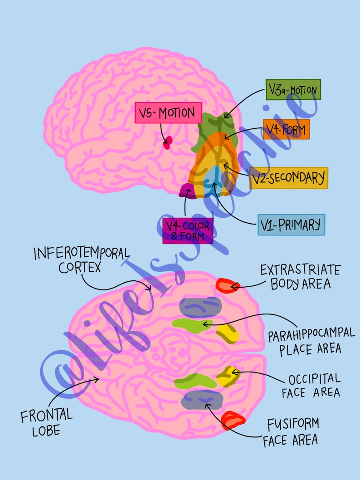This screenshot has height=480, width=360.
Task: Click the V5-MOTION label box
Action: point(168,113)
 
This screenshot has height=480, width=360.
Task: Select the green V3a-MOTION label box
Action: point(293,90)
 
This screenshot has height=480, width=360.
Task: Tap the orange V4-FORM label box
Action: point(286,129)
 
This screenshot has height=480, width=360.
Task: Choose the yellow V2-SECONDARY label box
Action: point(288,178)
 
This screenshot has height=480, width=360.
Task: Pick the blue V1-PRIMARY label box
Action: point(291,225)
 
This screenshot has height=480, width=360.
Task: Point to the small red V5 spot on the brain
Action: point(168,143)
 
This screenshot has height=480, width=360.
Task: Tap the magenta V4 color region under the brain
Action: point(188,191)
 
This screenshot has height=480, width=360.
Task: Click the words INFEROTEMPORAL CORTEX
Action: point(82,260)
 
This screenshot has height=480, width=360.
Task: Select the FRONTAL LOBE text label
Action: point(46,422)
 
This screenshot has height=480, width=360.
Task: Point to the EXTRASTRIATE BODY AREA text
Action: point(300,277)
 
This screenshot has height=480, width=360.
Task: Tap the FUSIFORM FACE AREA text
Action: point(291,432)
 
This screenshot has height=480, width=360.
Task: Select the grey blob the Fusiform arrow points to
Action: point(202,400)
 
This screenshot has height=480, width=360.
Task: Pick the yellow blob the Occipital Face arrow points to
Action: point(225,376)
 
